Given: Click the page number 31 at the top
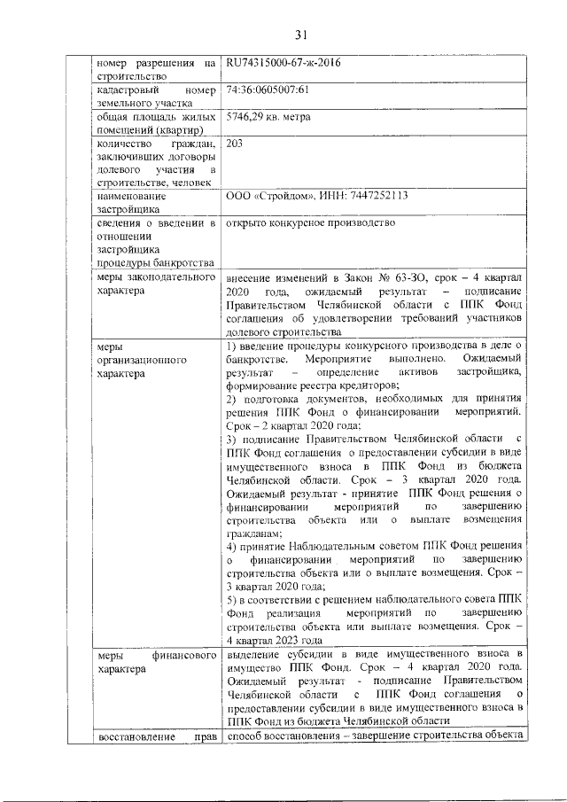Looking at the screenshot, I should pos(300,35).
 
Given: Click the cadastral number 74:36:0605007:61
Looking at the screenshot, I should pos(268,90).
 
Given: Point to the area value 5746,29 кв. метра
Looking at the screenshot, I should pos(268,117).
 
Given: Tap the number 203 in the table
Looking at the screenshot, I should pos(235,144).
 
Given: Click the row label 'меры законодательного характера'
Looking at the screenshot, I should pos(154,283).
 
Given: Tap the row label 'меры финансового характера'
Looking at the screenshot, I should pos(154,661).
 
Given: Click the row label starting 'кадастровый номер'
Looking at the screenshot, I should pos(154,97).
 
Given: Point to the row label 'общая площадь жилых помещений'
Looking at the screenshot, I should pos(154,123).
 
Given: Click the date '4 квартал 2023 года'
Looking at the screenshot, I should pos(273,640).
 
